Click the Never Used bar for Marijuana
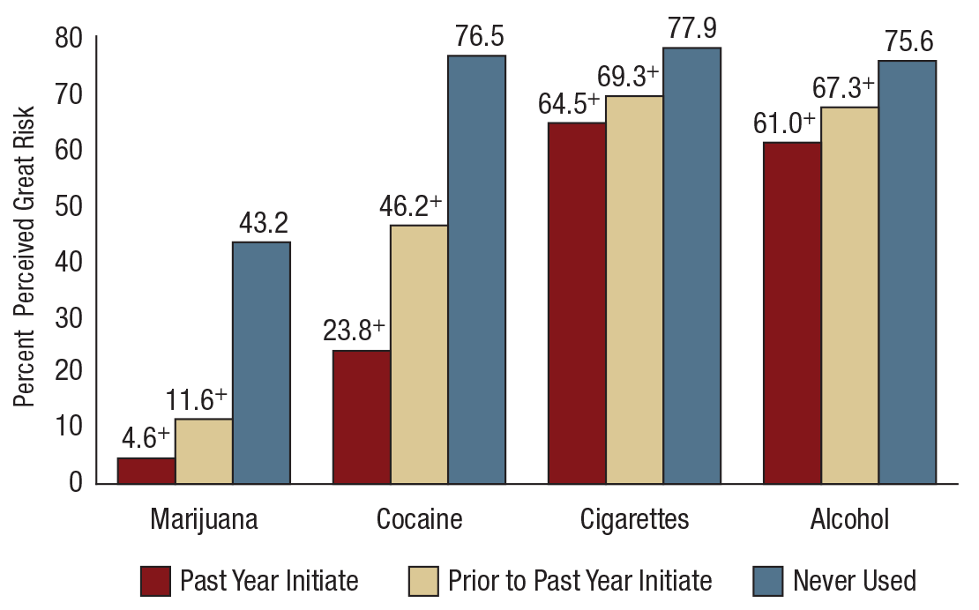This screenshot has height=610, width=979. click(261, 362)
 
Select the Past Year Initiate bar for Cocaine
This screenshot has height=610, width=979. click(362, 417)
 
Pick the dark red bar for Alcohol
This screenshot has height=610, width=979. click(792, 312)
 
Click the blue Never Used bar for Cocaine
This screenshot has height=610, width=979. click(476, 269)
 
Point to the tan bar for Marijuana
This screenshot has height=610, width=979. click(204, 450)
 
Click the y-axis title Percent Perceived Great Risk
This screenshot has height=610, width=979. click(25, 257)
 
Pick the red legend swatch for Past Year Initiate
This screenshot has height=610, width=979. click(155, 581)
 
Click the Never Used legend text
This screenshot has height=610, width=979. click(854, 581)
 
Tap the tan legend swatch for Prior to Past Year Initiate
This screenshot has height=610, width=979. click(423, 581)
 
